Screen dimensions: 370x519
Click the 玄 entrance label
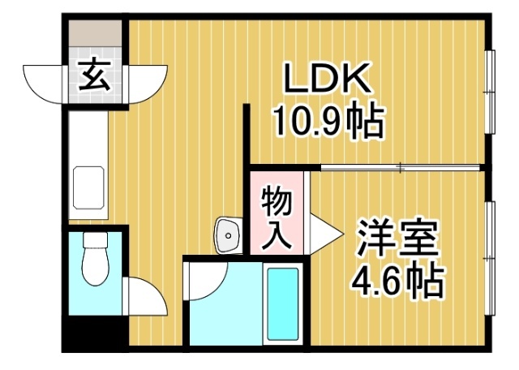pyautogui.click(x=96, y=76)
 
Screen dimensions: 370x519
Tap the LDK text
pyautogui.click(x=327, y=80)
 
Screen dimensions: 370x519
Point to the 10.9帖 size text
pyautogui.click(x=327, y=122)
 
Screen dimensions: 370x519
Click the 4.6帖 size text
pyautogui.click(x=397, y=281)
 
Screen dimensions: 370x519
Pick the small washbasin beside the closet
pyautogui.click(x=229, y=236)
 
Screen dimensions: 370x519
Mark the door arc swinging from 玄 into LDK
pyautogui.click(x=146, y=81)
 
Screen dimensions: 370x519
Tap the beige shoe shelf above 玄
pyautogui.click(x=97, y=37)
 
